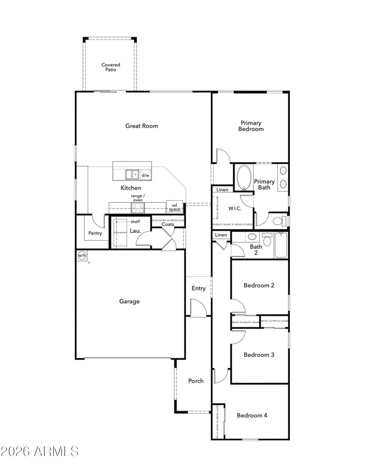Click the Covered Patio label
tap(110, 67)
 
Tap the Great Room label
tap(141, 126)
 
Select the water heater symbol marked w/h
tap(82, 255)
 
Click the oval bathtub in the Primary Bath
tap(244, 177)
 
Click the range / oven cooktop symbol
tap(138, 208)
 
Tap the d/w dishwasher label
tap(146, 175)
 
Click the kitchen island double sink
tap(132, 175)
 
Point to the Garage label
tap(129, 301)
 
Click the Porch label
tap(196, 381)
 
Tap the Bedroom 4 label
tap(252, 415)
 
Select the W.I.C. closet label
tap(235, 208)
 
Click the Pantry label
tap(95, 233)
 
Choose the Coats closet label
tap(168, 224)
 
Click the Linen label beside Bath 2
tap(221, 235)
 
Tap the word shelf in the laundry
tap(135, 221)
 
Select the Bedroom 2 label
tap(259, 285)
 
